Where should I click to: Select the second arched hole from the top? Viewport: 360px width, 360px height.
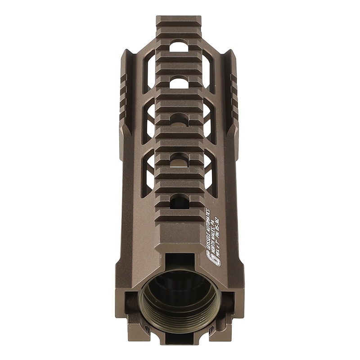(x=179, y=83)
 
